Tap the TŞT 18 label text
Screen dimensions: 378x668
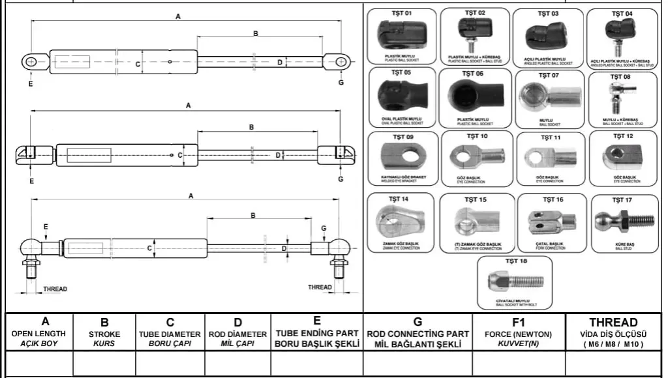coord(515,261)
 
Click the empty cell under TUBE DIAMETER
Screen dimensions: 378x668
coord(170,364)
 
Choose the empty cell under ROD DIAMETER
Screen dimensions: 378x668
coord(238,364)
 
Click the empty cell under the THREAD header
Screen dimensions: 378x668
coord(613,364)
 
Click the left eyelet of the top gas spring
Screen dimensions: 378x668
coord(30,62)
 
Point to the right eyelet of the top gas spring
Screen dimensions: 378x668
coord(341,62)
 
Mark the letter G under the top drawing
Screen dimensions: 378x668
coord(341,83)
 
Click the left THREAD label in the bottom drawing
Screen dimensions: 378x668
coord(55,289)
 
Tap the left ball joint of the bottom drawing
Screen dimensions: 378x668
coord(30,248)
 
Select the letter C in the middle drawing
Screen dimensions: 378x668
coord(170,155)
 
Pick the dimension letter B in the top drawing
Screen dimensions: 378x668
coord(256,33)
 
